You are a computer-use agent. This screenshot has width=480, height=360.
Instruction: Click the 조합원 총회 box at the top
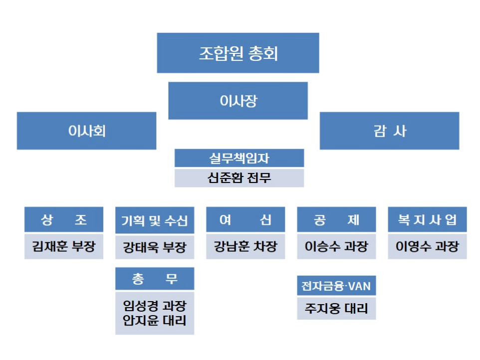(x=238, y=53)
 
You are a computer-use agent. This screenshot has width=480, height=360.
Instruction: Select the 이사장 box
(x=238, y=101)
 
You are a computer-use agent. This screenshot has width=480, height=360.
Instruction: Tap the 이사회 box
(x=87, y=131)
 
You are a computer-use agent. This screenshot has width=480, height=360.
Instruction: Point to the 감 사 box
(x=389, y=131)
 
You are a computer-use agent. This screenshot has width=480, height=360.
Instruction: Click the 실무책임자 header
(x=239, y=158)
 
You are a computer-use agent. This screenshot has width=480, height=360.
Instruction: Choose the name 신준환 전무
(x=239, y=178)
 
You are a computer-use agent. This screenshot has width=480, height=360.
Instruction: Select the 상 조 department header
(x=64, y=220)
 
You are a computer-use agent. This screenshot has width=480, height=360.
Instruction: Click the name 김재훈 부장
(x=64, y=246)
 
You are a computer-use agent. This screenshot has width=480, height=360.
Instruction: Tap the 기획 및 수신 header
(x=155, y=220)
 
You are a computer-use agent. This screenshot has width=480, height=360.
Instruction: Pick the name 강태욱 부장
(x=155, y=247)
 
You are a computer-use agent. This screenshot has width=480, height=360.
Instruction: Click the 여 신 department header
(x=245, y=220)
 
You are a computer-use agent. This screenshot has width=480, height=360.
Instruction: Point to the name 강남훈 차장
(x=245, y=246)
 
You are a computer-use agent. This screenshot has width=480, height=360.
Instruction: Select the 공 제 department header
(x=337, y=220)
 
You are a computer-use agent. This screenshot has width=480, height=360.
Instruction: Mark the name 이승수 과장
(x=337, y=246)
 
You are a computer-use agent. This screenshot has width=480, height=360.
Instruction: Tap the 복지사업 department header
(x=428, y=220)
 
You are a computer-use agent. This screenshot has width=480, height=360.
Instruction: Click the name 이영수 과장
(x=428, y=246)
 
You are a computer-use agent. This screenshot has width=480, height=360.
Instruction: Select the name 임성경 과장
(x=155, y=305)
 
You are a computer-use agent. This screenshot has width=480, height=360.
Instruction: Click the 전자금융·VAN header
(x=336, y=286)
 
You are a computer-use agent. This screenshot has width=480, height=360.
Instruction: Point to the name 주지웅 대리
(x=336, y=308)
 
